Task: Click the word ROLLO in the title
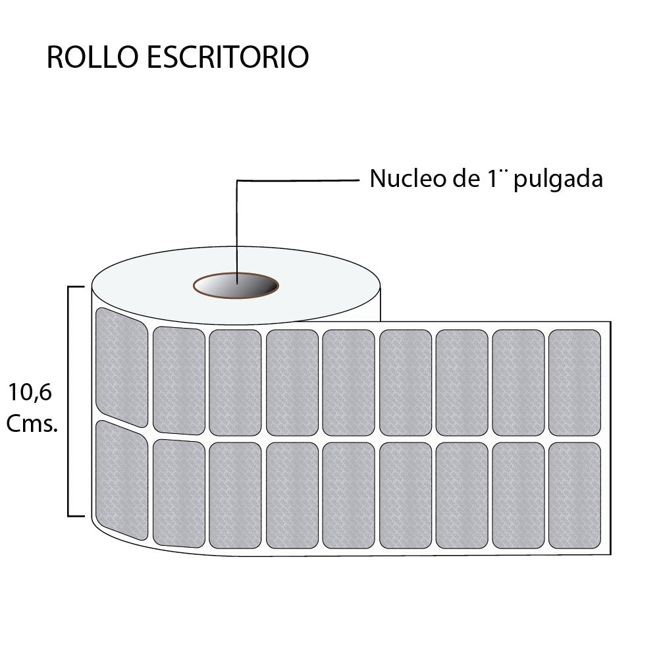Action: [x=92, y=57]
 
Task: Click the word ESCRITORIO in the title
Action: [x=228, y=57]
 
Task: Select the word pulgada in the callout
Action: [x=558, y=180]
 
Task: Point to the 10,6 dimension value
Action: [x=30, y=393]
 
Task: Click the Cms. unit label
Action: [x=32, y=424]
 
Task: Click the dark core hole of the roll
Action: [x=236, y=286]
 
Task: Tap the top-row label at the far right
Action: [x=575, y=383]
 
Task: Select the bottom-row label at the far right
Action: [x=575, y=495]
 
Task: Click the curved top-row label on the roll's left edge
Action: [x=122, y=367]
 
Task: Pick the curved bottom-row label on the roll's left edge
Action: [x=122, y=480]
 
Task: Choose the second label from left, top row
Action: [x=178, y=381]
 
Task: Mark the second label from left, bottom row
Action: [x=178, y=493]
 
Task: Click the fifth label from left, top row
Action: [x=349, y=383]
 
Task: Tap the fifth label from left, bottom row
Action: [x=349, y=495]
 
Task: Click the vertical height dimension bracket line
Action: [x=68, y=402]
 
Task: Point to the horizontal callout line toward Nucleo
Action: [x=298, y=180]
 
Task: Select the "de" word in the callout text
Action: [x=466, y=178]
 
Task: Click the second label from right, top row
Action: [x=518, y=383]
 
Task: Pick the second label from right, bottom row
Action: [x=518, y=495]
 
